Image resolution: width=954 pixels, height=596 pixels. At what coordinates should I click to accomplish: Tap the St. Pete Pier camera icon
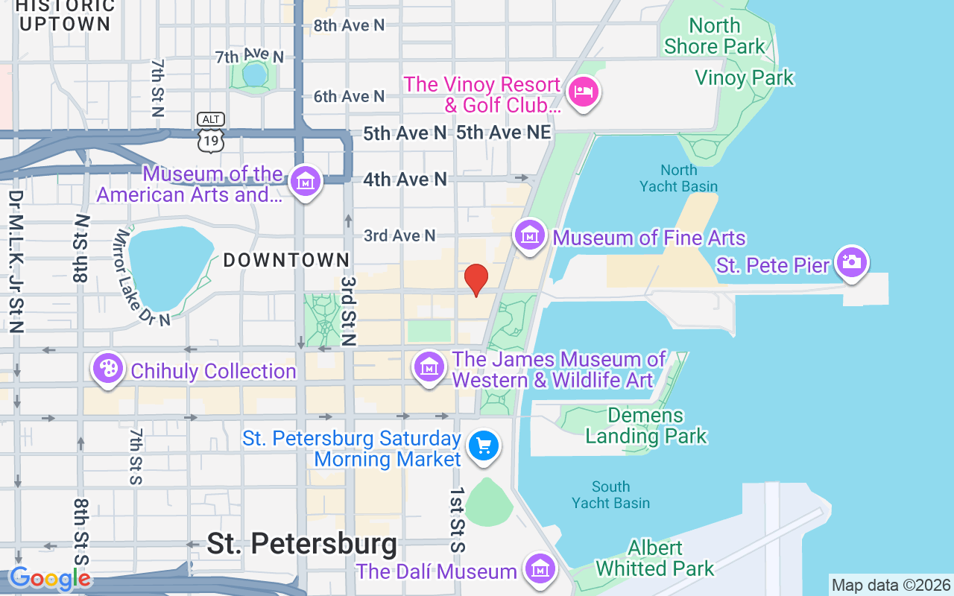851,262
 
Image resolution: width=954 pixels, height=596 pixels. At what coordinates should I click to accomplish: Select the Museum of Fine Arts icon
530,236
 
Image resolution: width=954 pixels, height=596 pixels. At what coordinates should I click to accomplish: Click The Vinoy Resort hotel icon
584,93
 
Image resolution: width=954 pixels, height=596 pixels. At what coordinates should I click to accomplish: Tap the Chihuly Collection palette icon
108,369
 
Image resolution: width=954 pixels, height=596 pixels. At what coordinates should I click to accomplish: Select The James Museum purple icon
429,367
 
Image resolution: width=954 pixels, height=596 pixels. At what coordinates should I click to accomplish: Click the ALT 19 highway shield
212,133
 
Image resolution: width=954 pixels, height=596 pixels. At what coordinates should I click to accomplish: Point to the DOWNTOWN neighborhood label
287,260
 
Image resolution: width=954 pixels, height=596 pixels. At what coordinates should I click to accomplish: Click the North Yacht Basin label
678,178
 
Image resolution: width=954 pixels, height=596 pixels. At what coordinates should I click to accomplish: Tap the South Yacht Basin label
610,495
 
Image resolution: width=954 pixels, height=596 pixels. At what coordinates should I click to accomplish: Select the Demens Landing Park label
645,425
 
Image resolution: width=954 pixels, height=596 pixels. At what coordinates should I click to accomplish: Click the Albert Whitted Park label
654,559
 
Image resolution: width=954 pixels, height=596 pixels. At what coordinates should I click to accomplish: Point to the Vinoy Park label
744,78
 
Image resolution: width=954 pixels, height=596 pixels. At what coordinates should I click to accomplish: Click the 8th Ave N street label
349,25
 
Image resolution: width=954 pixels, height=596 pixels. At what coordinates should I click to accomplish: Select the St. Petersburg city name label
302,544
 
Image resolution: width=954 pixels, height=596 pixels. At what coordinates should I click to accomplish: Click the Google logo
50,579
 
